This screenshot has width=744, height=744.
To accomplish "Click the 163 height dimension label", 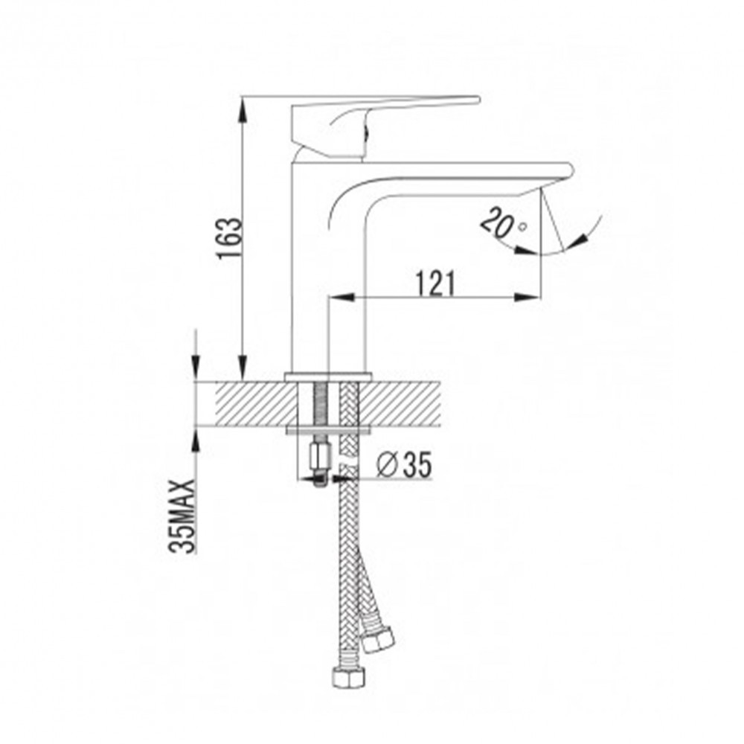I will point(230,238).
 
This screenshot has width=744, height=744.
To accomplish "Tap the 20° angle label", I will point(503,222).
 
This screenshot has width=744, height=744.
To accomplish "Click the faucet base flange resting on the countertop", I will point(327,376).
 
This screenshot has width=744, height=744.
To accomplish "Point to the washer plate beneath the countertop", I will point(327,429).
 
